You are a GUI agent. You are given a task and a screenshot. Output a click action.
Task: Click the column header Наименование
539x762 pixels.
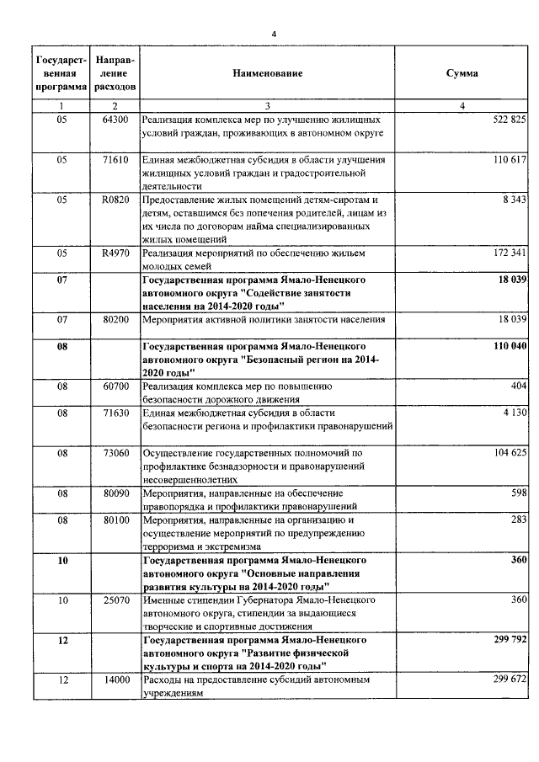pos(268,74)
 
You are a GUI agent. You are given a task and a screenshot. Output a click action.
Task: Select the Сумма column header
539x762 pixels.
pos(462,74)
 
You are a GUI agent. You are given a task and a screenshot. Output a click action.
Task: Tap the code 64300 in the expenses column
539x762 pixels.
pos(115,120)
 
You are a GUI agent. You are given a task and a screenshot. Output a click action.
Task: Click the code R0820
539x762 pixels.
pos(115,200)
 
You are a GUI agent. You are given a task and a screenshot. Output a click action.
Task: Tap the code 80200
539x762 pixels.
pos(115,319)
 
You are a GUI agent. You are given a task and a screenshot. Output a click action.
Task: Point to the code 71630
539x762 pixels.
pos(115,413)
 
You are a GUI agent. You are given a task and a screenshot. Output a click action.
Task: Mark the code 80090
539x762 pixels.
pos(115,493)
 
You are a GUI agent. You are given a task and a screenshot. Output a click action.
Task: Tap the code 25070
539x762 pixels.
pos(115,599)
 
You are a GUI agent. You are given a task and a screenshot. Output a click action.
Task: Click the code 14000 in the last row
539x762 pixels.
pos(115,679)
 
